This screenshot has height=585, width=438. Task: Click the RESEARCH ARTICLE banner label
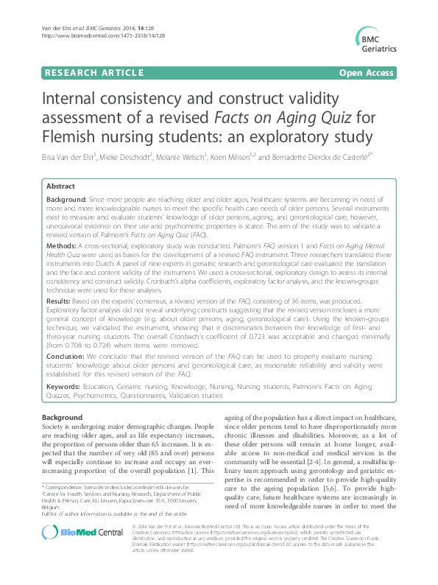pyautogui.click(x=94, y=72)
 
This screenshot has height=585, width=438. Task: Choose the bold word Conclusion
pyautogui.click(x=65, y=354)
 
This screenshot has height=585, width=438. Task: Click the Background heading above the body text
pyautogui.click(x=63, y=417)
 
